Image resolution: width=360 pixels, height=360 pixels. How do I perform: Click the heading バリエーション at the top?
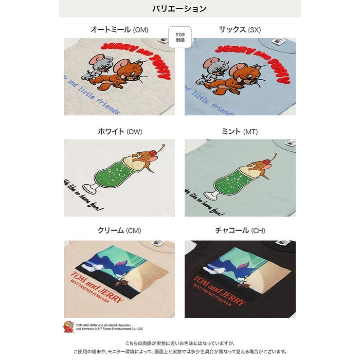[180, 9]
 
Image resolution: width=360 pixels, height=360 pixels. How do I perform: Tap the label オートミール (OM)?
[119, 30]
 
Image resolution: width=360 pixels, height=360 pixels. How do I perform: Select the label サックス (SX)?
[240, 30]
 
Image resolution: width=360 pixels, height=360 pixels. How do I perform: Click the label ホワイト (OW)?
[119, 132]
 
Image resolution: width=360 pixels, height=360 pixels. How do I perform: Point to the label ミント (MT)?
[240, 132]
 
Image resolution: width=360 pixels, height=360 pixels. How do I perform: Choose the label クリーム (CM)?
[119, 231]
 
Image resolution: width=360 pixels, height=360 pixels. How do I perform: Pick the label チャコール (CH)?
[240, 231]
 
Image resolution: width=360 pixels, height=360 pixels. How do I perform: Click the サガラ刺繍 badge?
[180, 37]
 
